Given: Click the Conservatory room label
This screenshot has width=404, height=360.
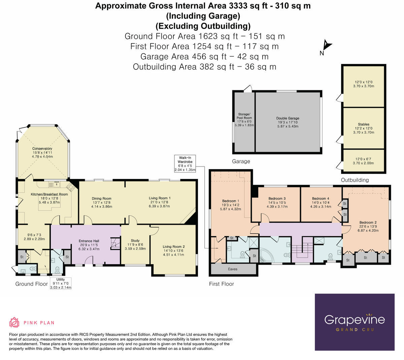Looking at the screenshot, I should pos(42,149).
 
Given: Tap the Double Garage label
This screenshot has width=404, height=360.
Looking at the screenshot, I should pos(288,118).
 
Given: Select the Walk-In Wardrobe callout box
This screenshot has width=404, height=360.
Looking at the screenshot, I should pos(185,164).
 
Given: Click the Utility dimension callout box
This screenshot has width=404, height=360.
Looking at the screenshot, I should pos(61,283).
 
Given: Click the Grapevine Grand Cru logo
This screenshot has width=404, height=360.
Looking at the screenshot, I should pos(355,322).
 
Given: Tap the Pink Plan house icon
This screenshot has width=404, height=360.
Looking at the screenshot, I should pos(14,323).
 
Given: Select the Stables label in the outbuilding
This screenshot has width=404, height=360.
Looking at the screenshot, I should pos(364,124).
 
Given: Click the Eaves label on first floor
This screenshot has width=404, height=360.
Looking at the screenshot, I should pos(233,269).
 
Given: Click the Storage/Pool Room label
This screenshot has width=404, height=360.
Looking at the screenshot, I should pos(244,116).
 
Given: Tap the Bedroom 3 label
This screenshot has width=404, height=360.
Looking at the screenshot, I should pos(277,199).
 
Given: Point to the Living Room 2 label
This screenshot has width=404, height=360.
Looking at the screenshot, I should pos(173,247).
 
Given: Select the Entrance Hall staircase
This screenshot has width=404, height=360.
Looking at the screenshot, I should pos(115,243).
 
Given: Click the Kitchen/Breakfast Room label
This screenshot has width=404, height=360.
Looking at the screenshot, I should pos(49,194).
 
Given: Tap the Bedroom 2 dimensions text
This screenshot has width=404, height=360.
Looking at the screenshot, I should pos(368,231).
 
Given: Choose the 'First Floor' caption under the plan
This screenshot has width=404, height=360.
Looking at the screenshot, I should pos(221,284).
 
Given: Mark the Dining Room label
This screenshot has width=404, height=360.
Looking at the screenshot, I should pos(101,199).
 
